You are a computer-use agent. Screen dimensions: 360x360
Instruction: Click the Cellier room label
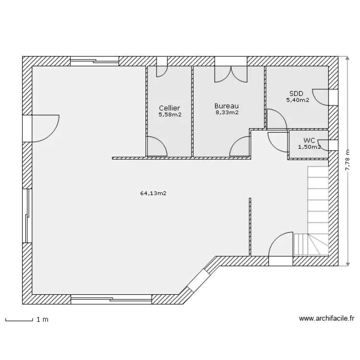(x=169, y=108)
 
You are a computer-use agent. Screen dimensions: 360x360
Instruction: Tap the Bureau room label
(x=227, y=106)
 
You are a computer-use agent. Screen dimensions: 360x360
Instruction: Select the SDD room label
(x=296, y=94)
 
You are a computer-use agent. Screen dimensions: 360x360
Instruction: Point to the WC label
(x=309, y=140)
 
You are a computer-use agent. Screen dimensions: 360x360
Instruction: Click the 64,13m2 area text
(x=153, y=193)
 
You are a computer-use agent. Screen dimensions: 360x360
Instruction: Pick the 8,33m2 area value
(x=227, y=112)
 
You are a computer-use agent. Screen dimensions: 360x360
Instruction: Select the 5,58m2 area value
(x=170, y=114)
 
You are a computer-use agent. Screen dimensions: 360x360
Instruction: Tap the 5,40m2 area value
(x=297, y=100)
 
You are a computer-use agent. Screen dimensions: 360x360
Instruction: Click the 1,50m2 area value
(x=309, y=147)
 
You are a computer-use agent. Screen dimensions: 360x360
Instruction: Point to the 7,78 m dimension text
(x=348, y=160)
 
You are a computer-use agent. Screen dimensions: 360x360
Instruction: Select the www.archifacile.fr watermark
(x=326, y=318)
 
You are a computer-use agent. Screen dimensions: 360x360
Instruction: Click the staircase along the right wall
(x=318, y=211)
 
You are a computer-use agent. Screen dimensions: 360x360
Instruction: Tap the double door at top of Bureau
(x=231, y=74)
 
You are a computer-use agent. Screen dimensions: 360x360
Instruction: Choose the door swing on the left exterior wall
(x=45, y=128)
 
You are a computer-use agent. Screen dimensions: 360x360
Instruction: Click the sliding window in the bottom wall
(x=111, y=299)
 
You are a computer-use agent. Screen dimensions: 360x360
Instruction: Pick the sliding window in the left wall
(x=27, y=216)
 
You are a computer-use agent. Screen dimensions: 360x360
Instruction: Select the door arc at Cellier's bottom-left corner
(x=157, y=146)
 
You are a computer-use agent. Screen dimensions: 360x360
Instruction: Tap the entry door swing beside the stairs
(x=281, y=244)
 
